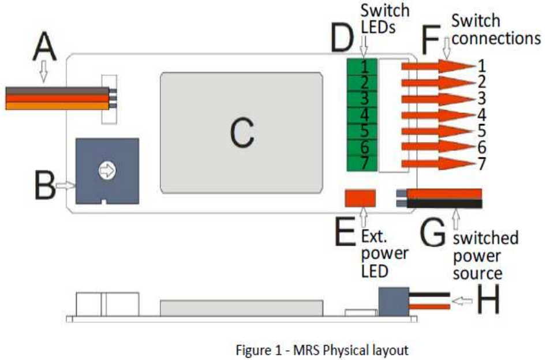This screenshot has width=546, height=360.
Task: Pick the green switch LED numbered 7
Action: click(361, 163)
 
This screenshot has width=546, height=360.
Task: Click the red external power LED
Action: click(360, 198)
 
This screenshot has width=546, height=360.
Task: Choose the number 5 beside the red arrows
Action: click(482, 131)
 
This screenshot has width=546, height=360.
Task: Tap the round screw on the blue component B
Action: click(107, 170)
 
